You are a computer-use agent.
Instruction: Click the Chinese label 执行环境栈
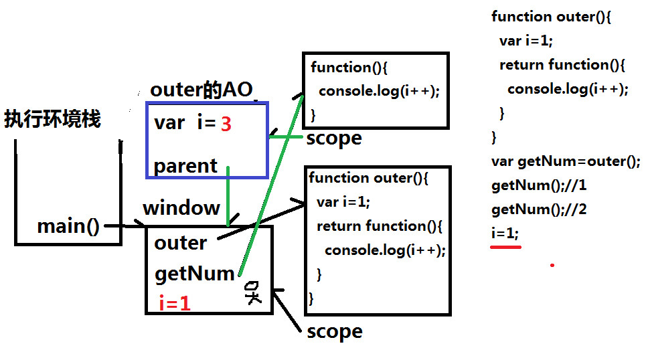click(x=52, y=120)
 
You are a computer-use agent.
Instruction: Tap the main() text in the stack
click(x=68, y=226)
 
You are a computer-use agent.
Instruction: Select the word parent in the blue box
click(x=185, y=166)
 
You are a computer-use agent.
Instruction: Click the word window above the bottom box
click(x=181, y=208)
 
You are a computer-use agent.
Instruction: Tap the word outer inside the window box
click(x=180, y=242)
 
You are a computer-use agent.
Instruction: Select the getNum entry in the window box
click(x=194, y=273)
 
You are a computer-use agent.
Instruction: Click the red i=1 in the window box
click(x=175, y=304)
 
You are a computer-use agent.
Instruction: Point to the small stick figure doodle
click(x=252, y=292)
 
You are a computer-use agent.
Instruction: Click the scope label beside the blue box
click(x=333, y=139)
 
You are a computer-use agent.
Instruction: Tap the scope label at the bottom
click(x=334, y=331)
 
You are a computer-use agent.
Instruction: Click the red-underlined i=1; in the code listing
click(x=505, y=234)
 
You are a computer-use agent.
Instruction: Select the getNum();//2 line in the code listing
click(x=539, y=209)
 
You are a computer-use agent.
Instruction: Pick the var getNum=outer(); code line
click(x=566, y=161)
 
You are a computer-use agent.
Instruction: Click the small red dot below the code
click(x=552, y=265)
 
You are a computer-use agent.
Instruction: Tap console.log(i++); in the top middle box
click(x=379, y=91)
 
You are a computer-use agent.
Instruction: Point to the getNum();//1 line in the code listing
click(x=539, y=185)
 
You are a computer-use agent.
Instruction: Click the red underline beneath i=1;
click(x=505, y=246)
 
